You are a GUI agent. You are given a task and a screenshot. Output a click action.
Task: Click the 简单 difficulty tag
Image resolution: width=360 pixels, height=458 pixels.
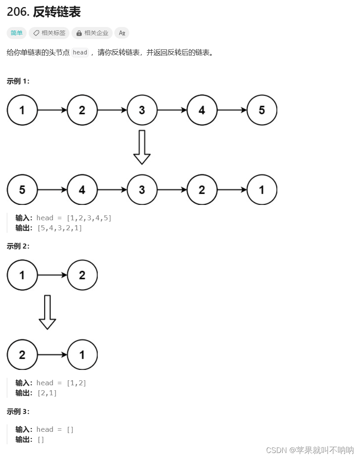click(17, 33)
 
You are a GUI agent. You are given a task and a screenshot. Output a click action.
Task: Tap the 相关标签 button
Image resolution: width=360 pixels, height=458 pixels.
click(49, 33)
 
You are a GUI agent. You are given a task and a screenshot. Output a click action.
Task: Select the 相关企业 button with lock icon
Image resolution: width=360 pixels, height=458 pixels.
click(92, 33)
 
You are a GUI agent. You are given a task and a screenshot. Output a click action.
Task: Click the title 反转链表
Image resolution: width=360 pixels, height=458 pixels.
click(57, 12)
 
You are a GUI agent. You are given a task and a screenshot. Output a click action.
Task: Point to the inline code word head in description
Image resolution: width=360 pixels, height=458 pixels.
click(80, 52)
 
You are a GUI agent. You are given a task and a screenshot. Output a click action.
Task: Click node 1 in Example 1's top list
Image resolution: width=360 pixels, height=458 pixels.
click(22, 110)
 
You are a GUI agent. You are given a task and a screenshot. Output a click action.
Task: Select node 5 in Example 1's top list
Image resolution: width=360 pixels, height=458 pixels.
click(261, 110)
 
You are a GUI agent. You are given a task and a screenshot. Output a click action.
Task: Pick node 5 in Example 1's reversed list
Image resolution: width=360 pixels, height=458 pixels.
click(22, 190)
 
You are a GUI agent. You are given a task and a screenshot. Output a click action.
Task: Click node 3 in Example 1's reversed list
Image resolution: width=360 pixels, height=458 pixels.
click(142, 190)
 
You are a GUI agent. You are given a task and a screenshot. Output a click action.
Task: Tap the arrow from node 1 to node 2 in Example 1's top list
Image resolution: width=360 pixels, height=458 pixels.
click(52, 110)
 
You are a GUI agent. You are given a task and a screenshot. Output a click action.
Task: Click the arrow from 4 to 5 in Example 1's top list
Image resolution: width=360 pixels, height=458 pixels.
click(232, 110)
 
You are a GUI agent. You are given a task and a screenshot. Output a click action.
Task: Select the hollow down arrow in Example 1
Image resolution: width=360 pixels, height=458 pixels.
click(142, 148)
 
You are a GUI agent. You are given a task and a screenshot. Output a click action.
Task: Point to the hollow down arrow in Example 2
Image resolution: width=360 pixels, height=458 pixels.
click(47, 312)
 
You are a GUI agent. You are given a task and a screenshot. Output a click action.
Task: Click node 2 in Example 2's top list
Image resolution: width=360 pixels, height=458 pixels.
click(82, 275)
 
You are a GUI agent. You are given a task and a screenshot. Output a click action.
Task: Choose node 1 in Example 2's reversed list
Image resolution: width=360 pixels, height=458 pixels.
click(82, 355)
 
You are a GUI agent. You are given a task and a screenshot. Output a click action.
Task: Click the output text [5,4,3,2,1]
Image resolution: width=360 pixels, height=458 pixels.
click(59, 228)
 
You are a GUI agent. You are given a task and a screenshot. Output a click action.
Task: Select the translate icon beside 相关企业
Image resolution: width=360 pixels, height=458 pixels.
click(122, 33)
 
